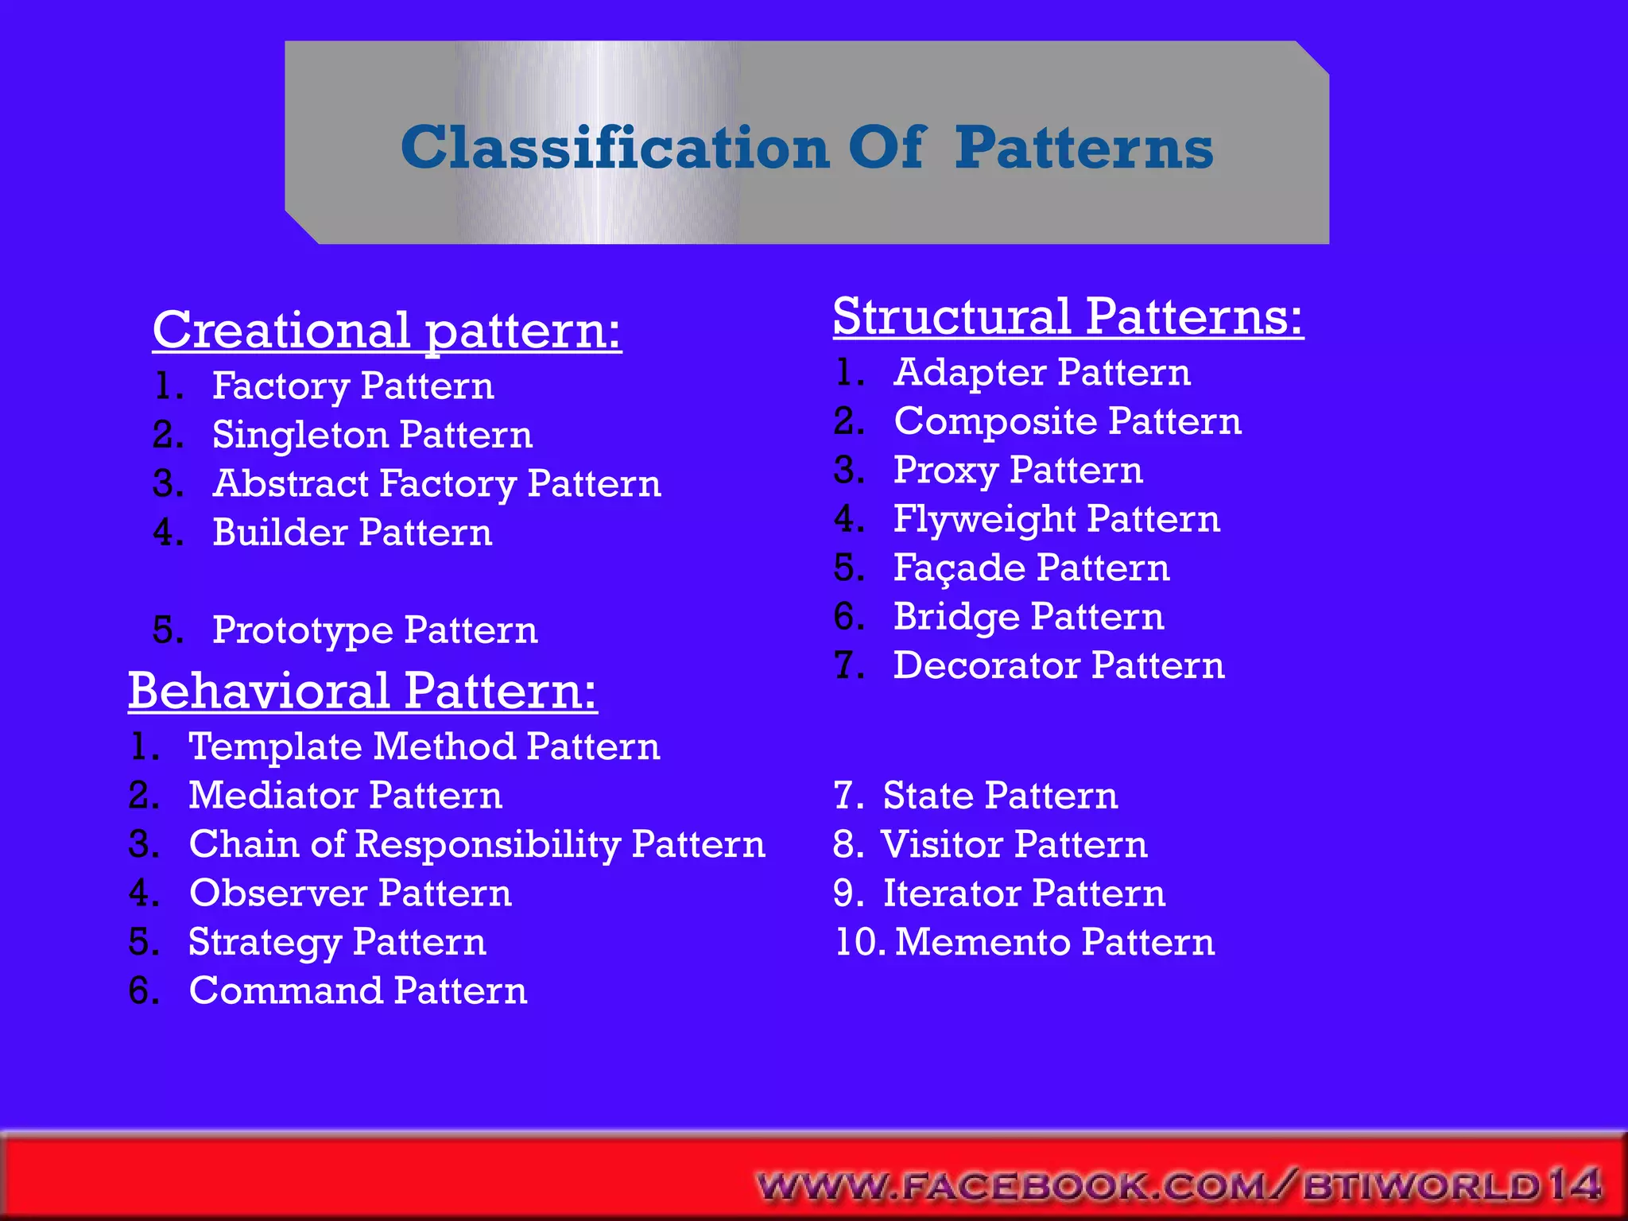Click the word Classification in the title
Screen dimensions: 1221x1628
pyautogui.click(x=614, y=148)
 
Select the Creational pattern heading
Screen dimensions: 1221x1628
pyautogui.click(x=386, y=330)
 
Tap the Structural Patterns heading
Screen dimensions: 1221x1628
pyautogui.click(x=1068, y=316)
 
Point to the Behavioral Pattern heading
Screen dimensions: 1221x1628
pyautogui.click(x=362, y=690)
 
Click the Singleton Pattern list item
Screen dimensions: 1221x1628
pyautogui.click(x=372, y=435)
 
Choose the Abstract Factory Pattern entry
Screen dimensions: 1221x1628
pyautogui.click(x=436, y=484)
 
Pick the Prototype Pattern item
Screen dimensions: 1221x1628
pyautogui.click(x=374, y=630)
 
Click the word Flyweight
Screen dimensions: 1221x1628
pyautogui.click(x=985, y=520)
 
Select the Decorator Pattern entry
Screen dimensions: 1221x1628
pyautogui.click(x=1058, y=665)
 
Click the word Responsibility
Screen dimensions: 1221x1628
pyautogui.click(x=487, y=844)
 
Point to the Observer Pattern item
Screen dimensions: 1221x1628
pyautogui.click(x=350, y=893)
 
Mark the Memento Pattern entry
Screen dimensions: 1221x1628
pyautogui.click(x=1054, y=942)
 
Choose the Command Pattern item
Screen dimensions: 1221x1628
pyautogui.click(x=358, y=990)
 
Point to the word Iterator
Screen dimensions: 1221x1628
pyautogui.click(x=952, y=893)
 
